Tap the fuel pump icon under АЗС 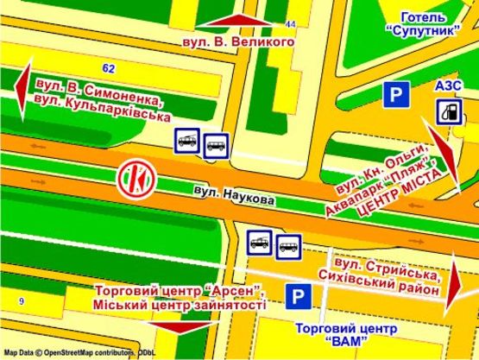[447, 110]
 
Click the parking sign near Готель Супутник [396, 96]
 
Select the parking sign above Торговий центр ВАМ [298, 298]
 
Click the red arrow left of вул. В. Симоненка [24, 90]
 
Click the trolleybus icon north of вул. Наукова [186, 138]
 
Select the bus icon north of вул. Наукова [217, 144]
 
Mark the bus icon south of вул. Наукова [287, 248]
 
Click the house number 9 [21, 300]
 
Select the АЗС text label [449, 85]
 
